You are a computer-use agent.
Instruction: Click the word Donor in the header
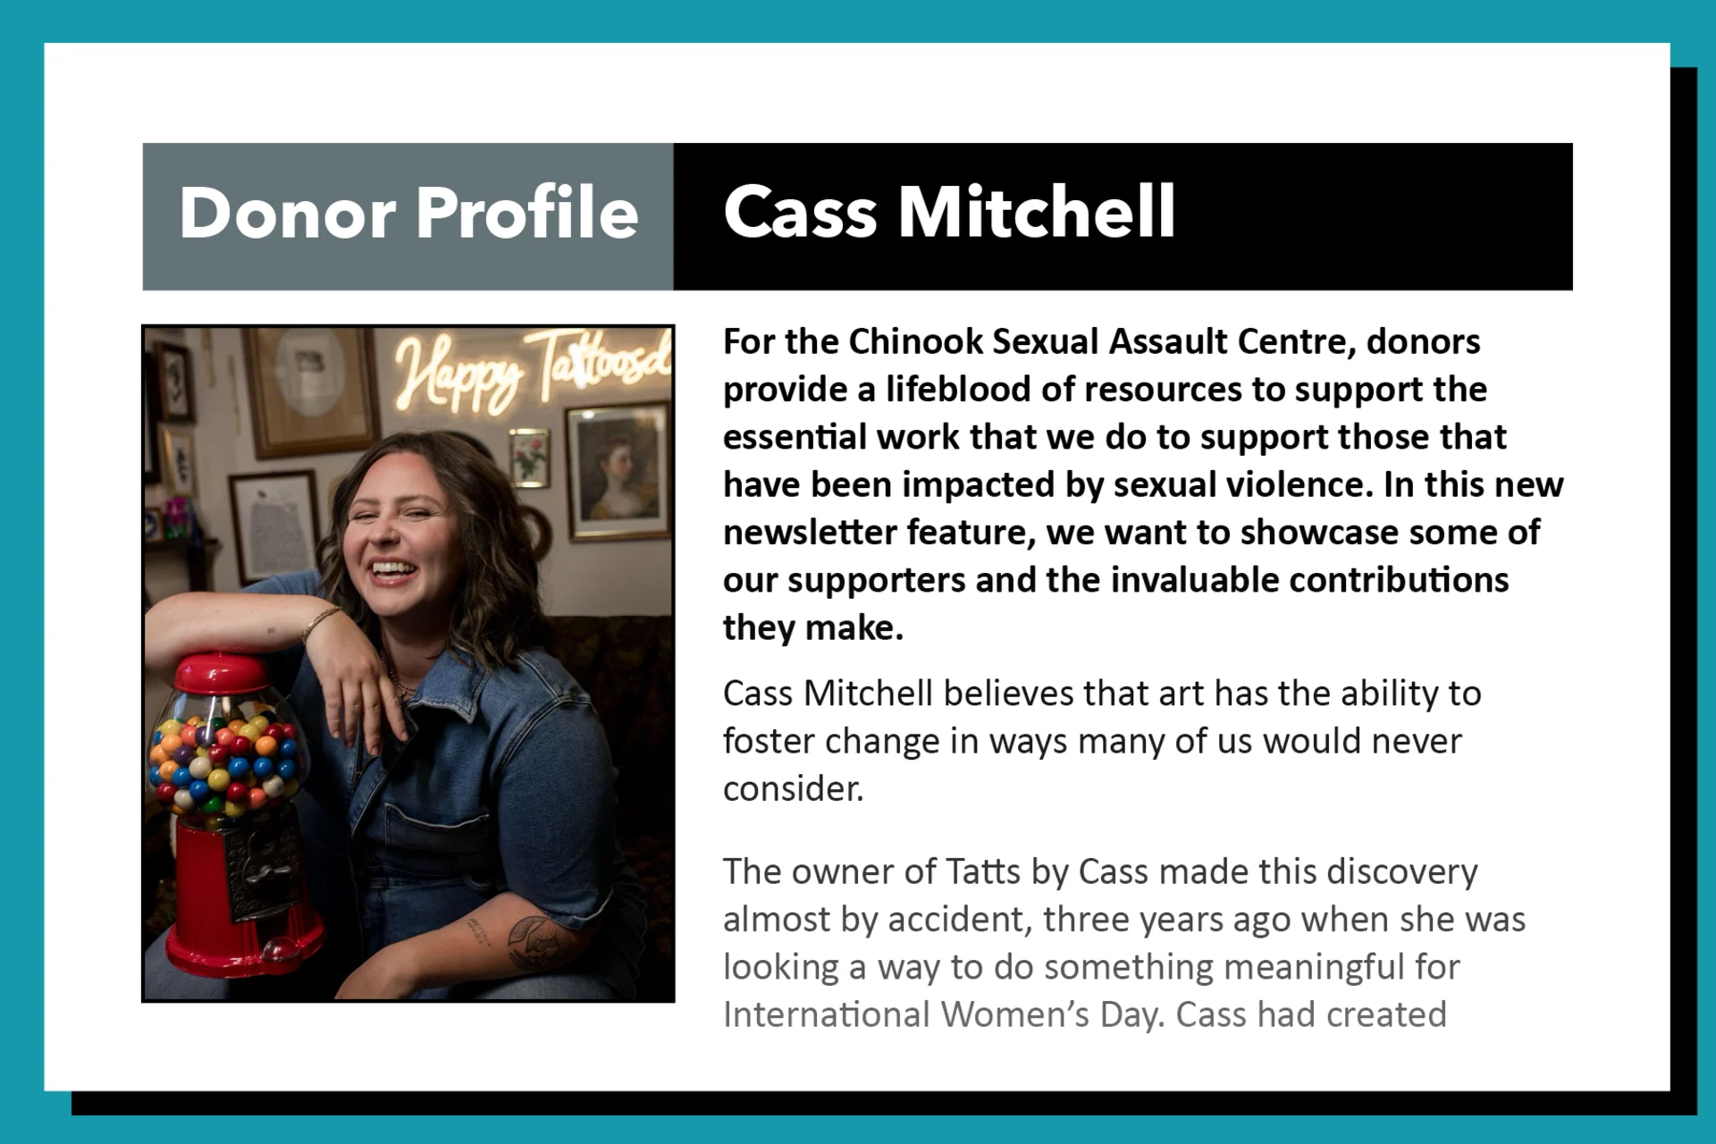pos(287,214)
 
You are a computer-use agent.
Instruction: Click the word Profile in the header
pos(527,214)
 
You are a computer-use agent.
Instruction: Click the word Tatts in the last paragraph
pos(982,871)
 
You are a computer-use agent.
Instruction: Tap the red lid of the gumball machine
pos(222,672)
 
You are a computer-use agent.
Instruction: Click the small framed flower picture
pos(529,457)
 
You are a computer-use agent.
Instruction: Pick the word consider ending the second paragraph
pos(792,789)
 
